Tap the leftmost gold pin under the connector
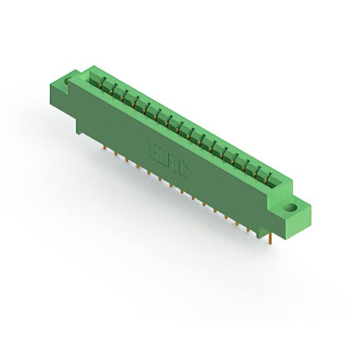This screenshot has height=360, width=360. (x=105, y=147)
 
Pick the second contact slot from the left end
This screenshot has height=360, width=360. (x=106, y=85)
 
